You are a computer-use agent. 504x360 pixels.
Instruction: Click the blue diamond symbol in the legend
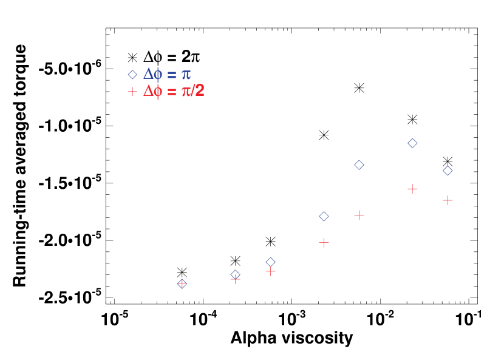coord(132,75)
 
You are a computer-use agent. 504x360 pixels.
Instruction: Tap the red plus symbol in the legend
coord(132,92)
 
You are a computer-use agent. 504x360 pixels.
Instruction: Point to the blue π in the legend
coord(186,75)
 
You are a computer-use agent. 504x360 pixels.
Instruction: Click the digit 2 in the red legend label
coord(199,90)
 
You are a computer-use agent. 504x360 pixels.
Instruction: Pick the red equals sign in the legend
coord(171,92)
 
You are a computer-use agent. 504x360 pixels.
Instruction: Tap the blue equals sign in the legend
coord(171,75)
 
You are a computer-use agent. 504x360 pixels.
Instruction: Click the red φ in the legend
coord(158,92)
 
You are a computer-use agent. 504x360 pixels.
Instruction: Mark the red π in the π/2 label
coord(186,92)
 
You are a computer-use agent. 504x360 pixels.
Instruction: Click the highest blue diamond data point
coord(412,143)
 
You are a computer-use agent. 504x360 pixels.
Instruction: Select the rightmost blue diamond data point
coord(448,171)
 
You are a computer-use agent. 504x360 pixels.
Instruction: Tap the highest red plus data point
coord(412,189)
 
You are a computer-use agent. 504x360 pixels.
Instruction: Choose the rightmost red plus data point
coord(448,200)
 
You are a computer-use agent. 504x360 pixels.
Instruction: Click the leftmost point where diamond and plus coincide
coord(182,284)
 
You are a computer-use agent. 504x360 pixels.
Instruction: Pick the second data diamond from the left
coord(235,274)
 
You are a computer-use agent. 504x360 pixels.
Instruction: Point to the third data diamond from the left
coord(270,262)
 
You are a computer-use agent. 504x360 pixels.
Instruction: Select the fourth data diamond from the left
coord(324,216)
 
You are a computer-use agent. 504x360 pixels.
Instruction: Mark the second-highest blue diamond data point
coord(359,165)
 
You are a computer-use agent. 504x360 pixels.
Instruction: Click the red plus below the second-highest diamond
coord(359,215)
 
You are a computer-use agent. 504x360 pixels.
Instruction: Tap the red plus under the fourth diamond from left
coord(324,242)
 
